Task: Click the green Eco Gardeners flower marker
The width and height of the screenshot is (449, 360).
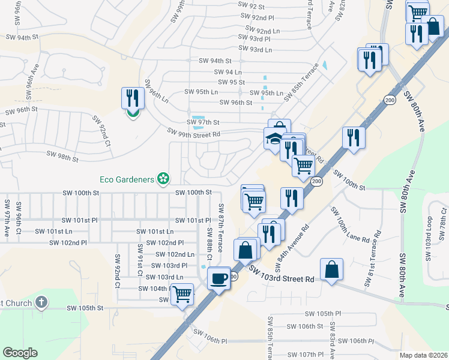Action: [162, 178]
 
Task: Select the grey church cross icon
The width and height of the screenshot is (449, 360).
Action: [41, 302]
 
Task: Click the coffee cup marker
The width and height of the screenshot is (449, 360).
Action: [218, 278]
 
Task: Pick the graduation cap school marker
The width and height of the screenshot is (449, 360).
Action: [274, 138]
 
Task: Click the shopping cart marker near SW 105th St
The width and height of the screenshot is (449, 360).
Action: [182, 294]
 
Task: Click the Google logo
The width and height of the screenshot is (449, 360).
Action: [20, 353]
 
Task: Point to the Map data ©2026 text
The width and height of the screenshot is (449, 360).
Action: [423, 355]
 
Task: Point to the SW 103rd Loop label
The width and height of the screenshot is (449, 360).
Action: [429, 239]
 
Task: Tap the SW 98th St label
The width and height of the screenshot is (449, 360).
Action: [59, 158]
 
